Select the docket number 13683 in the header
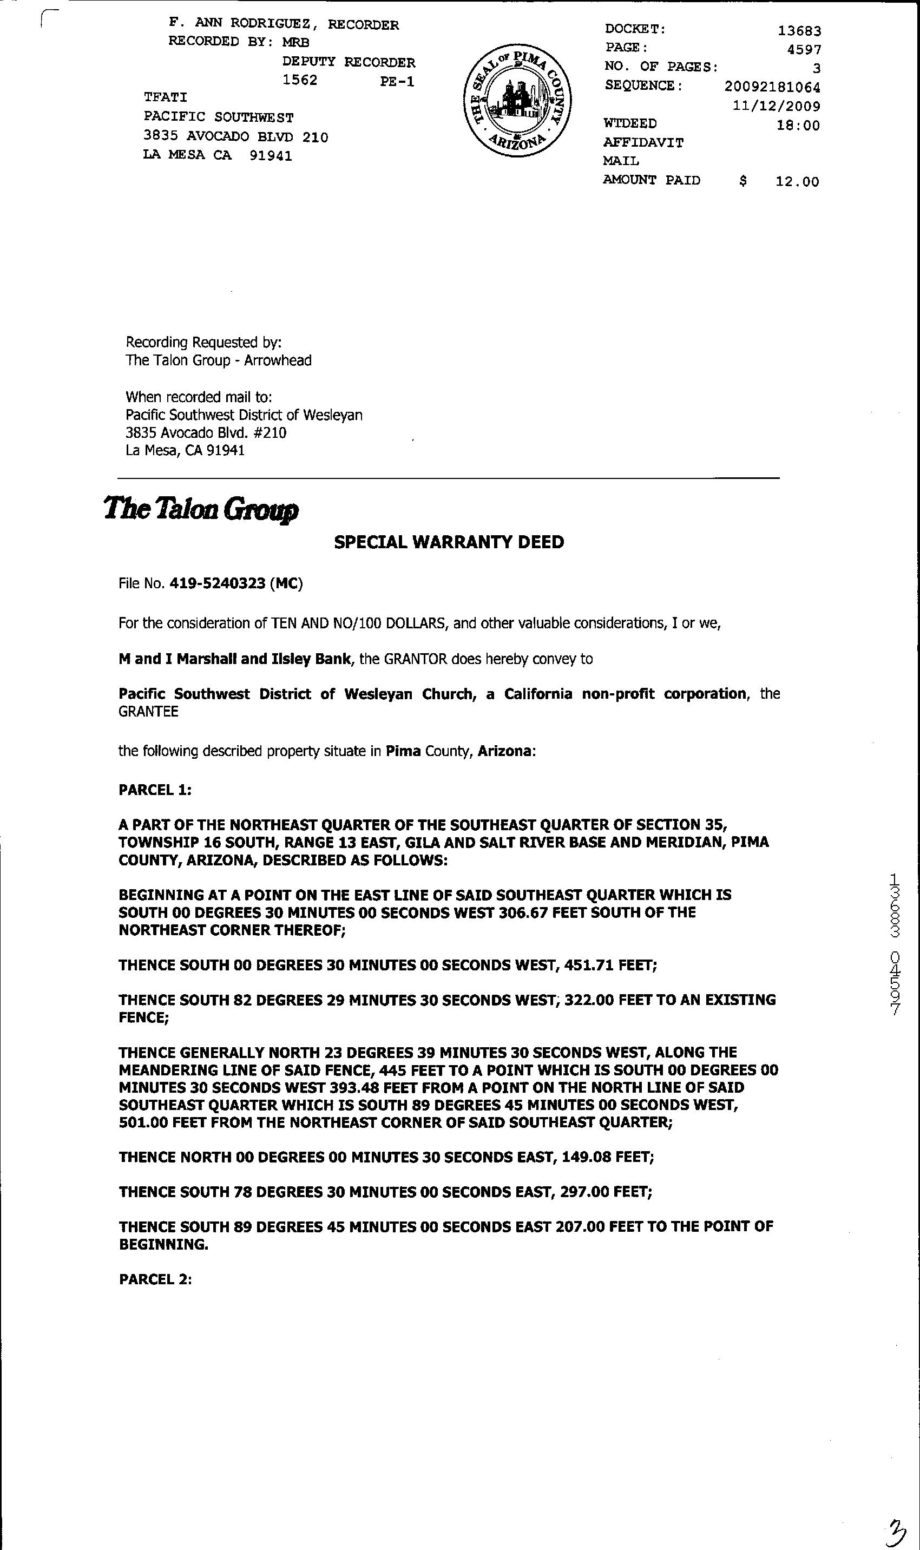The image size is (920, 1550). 799,30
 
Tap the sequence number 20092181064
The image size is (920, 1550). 772,87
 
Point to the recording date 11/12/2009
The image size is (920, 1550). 776,106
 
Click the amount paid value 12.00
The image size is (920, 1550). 797,182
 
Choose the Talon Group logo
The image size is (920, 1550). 201,510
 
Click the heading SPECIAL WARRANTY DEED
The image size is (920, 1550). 449,542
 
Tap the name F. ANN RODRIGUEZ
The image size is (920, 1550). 239,24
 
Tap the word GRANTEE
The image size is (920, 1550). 148,712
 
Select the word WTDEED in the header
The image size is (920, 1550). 630,124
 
